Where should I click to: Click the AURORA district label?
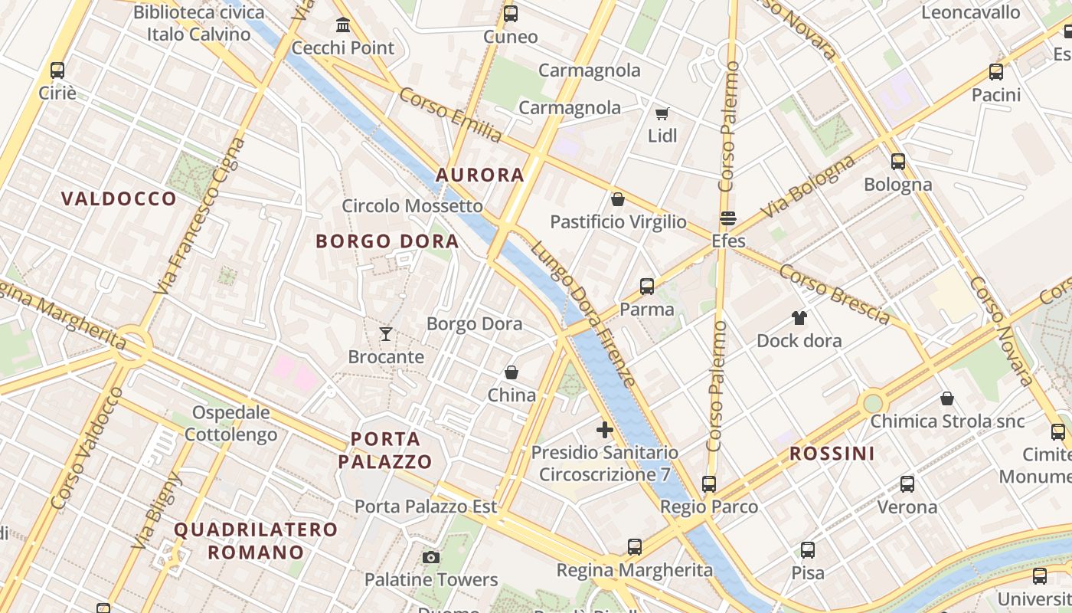pos(480,175)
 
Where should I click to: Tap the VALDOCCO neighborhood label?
pos(119,199)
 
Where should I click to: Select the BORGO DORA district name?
pos(387,241)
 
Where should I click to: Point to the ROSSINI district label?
pos(832,454)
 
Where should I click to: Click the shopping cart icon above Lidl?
pos(662,113)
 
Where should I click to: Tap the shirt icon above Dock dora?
pos(799,318)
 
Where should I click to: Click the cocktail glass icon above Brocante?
pos(386,334)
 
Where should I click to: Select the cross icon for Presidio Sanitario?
pos(605,430)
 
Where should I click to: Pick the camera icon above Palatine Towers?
pos(431,557)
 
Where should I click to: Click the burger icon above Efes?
pos(728,218)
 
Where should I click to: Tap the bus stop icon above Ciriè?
pos(57,70)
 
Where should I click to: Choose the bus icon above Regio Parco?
pos(709,484)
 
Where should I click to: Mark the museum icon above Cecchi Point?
pos(343,25)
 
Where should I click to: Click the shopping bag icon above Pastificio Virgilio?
pos(618,199)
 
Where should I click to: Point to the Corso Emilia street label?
pos(450,115)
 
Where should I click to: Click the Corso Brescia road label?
pos(835,295)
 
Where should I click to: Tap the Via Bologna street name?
pos(808,186)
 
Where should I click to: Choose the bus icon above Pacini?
pos(996,72)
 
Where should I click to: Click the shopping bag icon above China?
pos(511,372)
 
